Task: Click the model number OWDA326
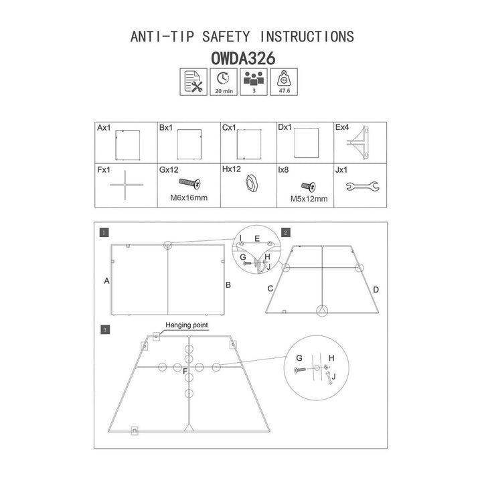tap(243, 58)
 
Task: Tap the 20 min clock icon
tap(224, 82)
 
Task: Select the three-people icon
tap(254, 82)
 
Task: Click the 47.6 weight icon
tap(284, 82)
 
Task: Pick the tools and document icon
tap(193, 82)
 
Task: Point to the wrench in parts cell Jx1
tap(362, 186)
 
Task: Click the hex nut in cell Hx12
tap(252, 184)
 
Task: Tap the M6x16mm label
tap(189, 197)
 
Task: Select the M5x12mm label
tap(309, 199)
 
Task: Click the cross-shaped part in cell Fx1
tap(125, 185)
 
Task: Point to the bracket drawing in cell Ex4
tap(358, 143)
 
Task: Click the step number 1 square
tap(104, 233)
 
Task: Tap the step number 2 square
tap(286, 233)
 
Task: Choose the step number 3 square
tap(105, 330)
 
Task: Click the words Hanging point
tap(187, 325)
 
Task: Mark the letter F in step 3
tap(185, 372)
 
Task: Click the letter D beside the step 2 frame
tap(376, 290)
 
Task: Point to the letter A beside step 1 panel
tap(106, 280)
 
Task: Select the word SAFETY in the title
tap(226, 37)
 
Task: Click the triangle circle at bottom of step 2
tap(322, 311)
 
